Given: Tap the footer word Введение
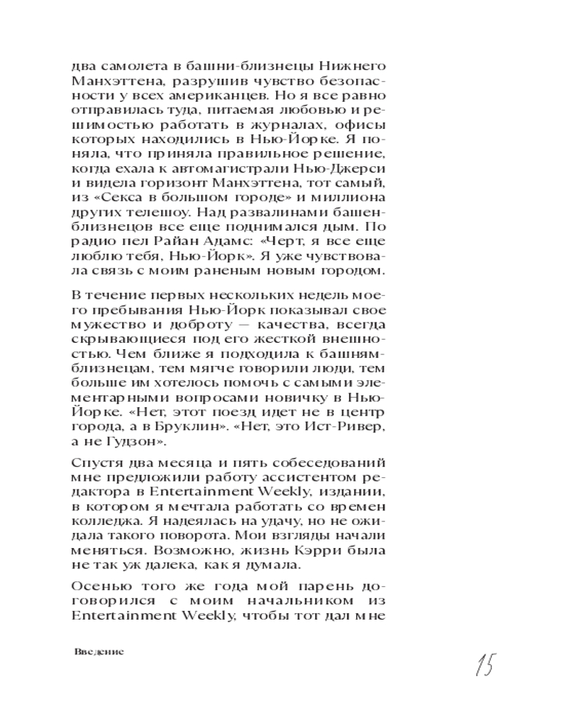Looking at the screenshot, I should tap(100, 651).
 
